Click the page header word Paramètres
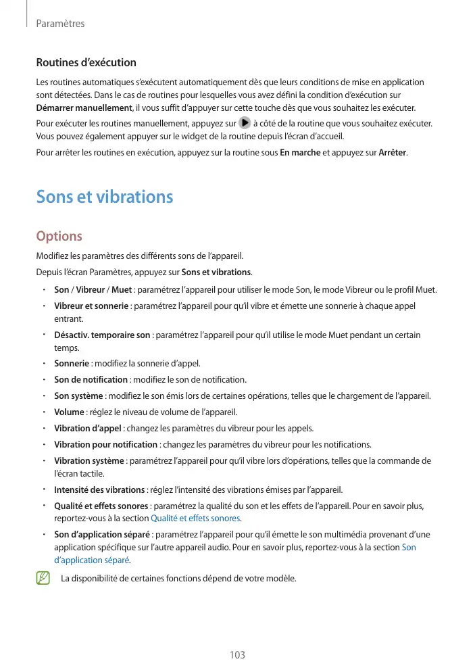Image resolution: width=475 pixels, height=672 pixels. click(60, 24)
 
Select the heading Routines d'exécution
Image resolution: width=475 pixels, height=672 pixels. click(86, 63)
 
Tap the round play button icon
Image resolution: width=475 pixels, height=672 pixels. click(245, 124)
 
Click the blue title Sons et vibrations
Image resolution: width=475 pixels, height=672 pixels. click(105, 197)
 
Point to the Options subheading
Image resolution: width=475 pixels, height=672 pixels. click(59, 237)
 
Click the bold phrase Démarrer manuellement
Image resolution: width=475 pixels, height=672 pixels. click(84, 108)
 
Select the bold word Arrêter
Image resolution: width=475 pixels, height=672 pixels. click(393, 153)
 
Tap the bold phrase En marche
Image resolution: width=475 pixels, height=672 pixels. click(300, 153)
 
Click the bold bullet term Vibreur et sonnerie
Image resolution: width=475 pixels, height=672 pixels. click(91, 306)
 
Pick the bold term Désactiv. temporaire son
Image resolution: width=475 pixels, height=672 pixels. click(102, 335)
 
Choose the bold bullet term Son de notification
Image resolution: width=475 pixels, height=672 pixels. click(91, 379)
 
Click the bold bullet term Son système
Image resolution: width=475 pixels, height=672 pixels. click(78, 395)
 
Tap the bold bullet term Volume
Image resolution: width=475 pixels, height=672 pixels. click(69, 412)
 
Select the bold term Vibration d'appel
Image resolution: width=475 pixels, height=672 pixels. click(88, 428)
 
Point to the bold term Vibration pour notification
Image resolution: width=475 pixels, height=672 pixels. click(105, 444)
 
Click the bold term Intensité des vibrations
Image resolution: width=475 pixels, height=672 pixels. click(99, 489)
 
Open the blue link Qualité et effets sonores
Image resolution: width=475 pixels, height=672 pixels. click(195, 519)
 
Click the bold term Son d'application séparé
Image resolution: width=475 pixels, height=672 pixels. click(101, 535)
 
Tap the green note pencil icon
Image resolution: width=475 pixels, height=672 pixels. click(44, 578)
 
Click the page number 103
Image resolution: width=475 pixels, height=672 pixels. click(237, 655)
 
